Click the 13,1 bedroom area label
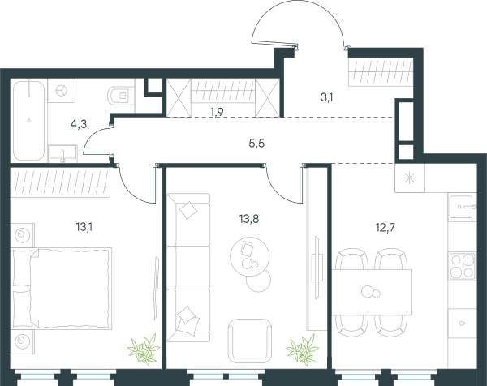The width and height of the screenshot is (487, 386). pyautogui.click(x=84, y=227)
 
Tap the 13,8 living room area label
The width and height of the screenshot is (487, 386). pyautogui.click(x=249, y=219)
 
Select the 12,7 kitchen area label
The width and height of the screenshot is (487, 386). pyautogui.click(x=386, y=228)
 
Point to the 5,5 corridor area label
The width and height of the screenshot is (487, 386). pyautogui.click(x=256, y=144)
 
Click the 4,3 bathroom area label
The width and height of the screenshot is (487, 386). pyautogui.click(x=79, y=124)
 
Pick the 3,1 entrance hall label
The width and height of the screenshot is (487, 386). pyautogui.click(x=327, y=98)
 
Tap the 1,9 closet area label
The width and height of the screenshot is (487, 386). pyautogui.click(x=217, y=112)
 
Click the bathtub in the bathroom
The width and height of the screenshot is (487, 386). pyautogui.click(x=28, y=120)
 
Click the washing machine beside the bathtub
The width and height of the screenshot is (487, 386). pyautogui.click(x=62, y=90)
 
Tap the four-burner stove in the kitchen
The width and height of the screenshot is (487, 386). pyautogui.click(x=462, y=266)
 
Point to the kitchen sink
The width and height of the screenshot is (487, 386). pyautogui.click(x=462, y=206)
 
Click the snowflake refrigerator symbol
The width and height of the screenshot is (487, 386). pyautogui.click(x=409, y=178)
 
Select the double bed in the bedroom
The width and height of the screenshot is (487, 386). pyautogui.click(x=61, y=288)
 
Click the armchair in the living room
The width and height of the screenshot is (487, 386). pyautogui.click(x=250, y=341)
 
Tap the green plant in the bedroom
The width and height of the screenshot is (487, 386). pyautogui.click(x=144, y=349)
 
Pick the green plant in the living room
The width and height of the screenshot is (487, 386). pyautogui.click(x=303, y=350)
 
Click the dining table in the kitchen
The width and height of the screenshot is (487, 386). pyautogui.click(x=372, y=292)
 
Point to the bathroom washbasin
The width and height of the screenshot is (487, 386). pyautogui.click(x=62, y=153)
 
